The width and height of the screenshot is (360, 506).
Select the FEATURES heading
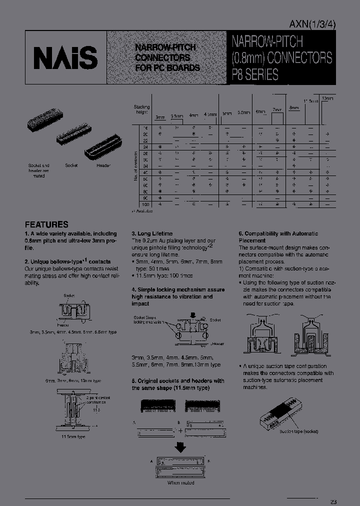pos(46,224)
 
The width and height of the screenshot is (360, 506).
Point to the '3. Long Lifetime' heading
pos(152,233)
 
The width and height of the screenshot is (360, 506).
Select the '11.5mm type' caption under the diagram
pos(74,436)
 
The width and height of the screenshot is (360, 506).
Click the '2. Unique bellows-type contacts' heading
pos(67,261)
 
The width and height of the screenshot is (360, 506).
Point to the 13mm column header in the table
pos(326,98)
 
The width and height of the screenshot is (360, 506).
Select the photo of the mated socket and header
pos(41,125)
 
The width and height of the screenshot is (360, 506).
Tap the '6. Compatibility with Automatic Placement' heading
pos(278,236)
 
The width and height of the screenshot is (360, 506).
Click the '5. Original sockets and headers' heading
pos(177,384)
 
